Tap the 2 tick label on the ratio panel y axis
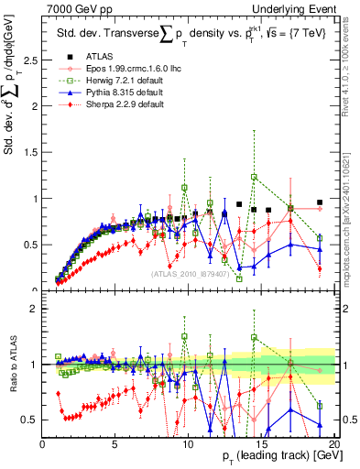tap(34, 309)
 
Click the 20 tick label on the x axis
tap(334, 443)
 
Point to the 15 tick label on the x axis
tap(262, 443)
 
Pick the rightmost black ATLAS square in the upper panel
tap(320, 202)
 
